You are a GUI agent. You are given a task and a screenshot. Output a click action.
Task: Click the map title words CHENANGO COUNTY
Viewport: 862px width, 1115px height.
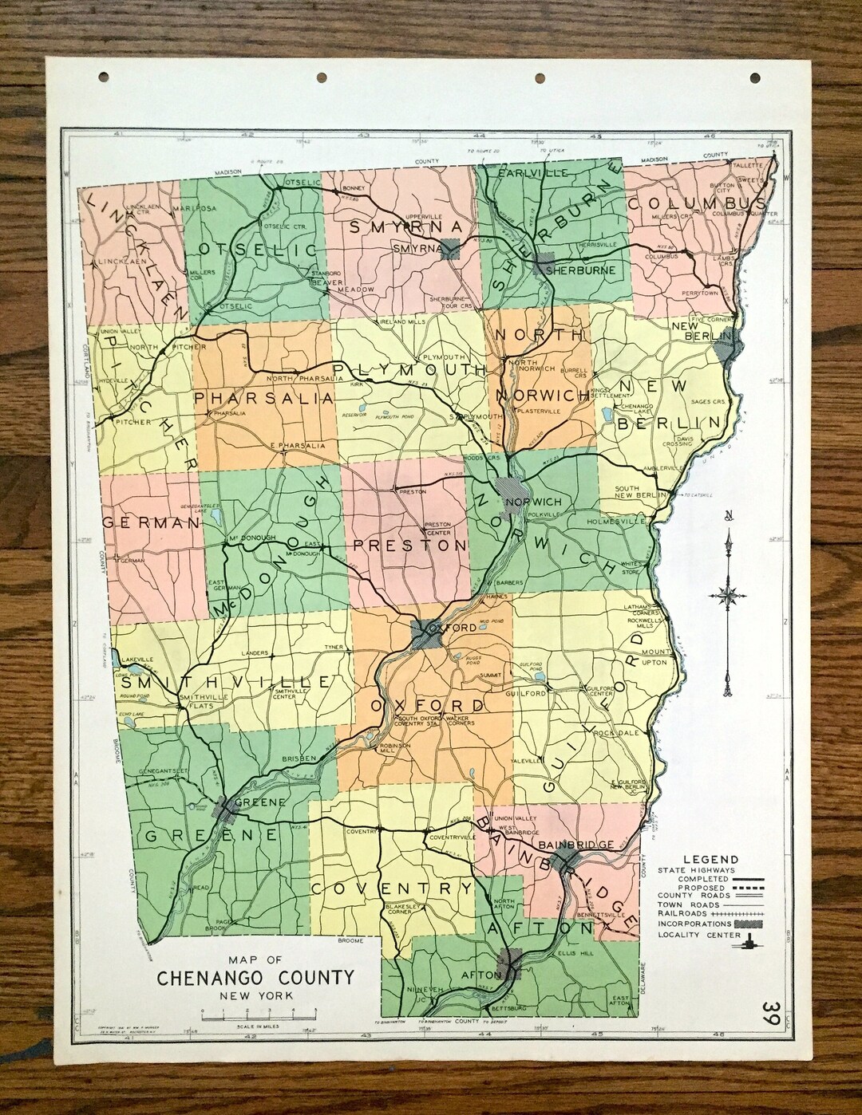click(255, 977)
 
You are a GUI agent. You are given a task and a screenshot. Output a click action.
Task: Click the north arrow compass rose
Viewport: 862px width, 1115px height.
click(729, 594)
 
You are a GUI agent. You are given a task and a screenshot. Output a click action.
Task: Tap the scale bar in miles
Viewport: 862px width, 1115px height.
click(259, 1012)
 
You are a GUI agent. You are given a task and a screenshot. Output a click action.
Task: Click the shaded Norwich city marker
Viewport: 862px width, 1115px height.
click(509, 487)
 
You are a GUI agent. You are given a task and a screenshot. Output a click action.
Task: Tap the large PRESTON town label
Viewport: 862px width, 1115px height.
click(409, 546)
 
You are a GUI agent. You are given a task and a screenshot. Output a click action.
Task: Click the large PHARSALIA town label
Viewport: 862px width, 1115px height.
click(263, 397)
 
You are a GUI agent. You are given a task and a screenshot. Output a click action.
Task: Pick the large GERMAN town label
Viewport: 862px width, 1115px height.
click(150, 523)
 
